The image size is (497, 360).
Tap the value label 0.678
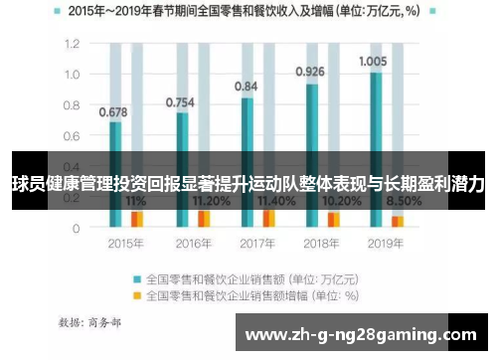(x=113, y=111)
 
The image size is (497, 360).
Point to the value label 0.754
(x=180, y=101)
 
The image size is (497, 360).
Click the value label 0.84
(x=246, y=87)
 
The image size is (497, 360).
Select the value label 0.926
(x=311, y=72)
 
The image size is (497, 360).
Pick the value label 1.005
(x=373, y=61)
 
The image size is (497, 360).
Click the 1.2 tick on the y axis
(x=71, y=45)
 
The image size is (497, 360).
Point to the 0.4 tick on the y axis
(x=71, y=167)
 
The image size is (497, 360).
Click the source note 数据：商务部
(x=89, y=323)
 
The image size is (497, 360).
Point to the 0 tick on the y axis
(x=76, y=228)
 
